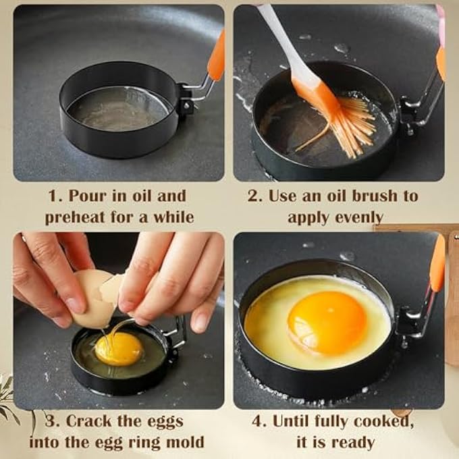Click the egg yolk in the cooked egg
[327, 322]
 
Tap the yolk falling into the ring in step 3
[119, 348]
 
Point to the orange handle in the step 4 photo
[437, 263]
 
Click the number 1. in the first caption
[55, 196]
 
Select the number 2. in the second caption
[254, 196]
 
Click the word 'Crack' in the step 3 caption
[90, 421]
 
